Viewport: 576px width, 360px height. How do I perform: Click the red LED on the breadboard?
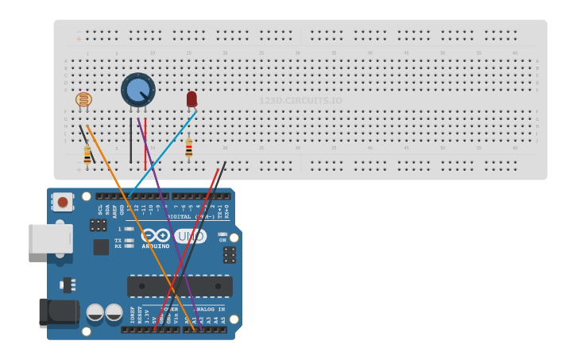tap(191, 99)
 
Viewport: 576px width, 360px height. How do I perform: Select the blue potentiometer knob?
tap(138, 90)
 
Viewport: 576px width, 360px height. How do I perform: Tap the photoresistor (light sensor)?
tap(83, 99)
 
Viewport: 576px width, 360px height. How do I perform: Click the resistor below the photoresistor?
tap(87, 154)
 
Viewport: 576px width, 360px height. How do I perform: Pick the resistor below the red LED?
tap(188, 148)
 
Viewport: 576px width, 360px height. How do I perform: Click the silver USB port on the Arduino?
tap(50, 238)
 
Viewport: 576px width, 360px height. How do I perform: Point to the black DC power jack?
tap(58, 312)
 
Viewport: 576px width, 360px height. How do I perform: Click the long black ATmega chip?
tap(180, 286)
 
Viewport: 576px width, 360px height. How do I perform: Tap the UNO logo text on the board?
tap(191, 236)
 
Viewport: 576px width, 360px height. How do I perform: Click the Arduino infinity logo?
tap(155, 236)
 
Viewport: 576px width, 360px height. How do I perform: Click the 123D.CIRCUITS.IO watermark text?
tap(300, 101)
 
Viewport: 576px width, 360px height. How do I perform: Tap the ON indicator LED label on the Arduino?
tap(222, 240)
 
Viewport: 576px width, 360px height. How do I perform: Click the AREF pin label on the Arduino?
tap(115, 210)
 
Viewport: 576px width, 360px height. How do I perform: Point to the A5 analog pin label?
tap(223, 320)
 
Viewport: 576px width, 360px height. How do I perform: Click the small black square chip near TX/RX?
tap(101, 247)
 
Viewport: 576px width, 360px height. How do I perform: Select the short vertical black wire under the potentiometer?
tap(131, 141)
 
